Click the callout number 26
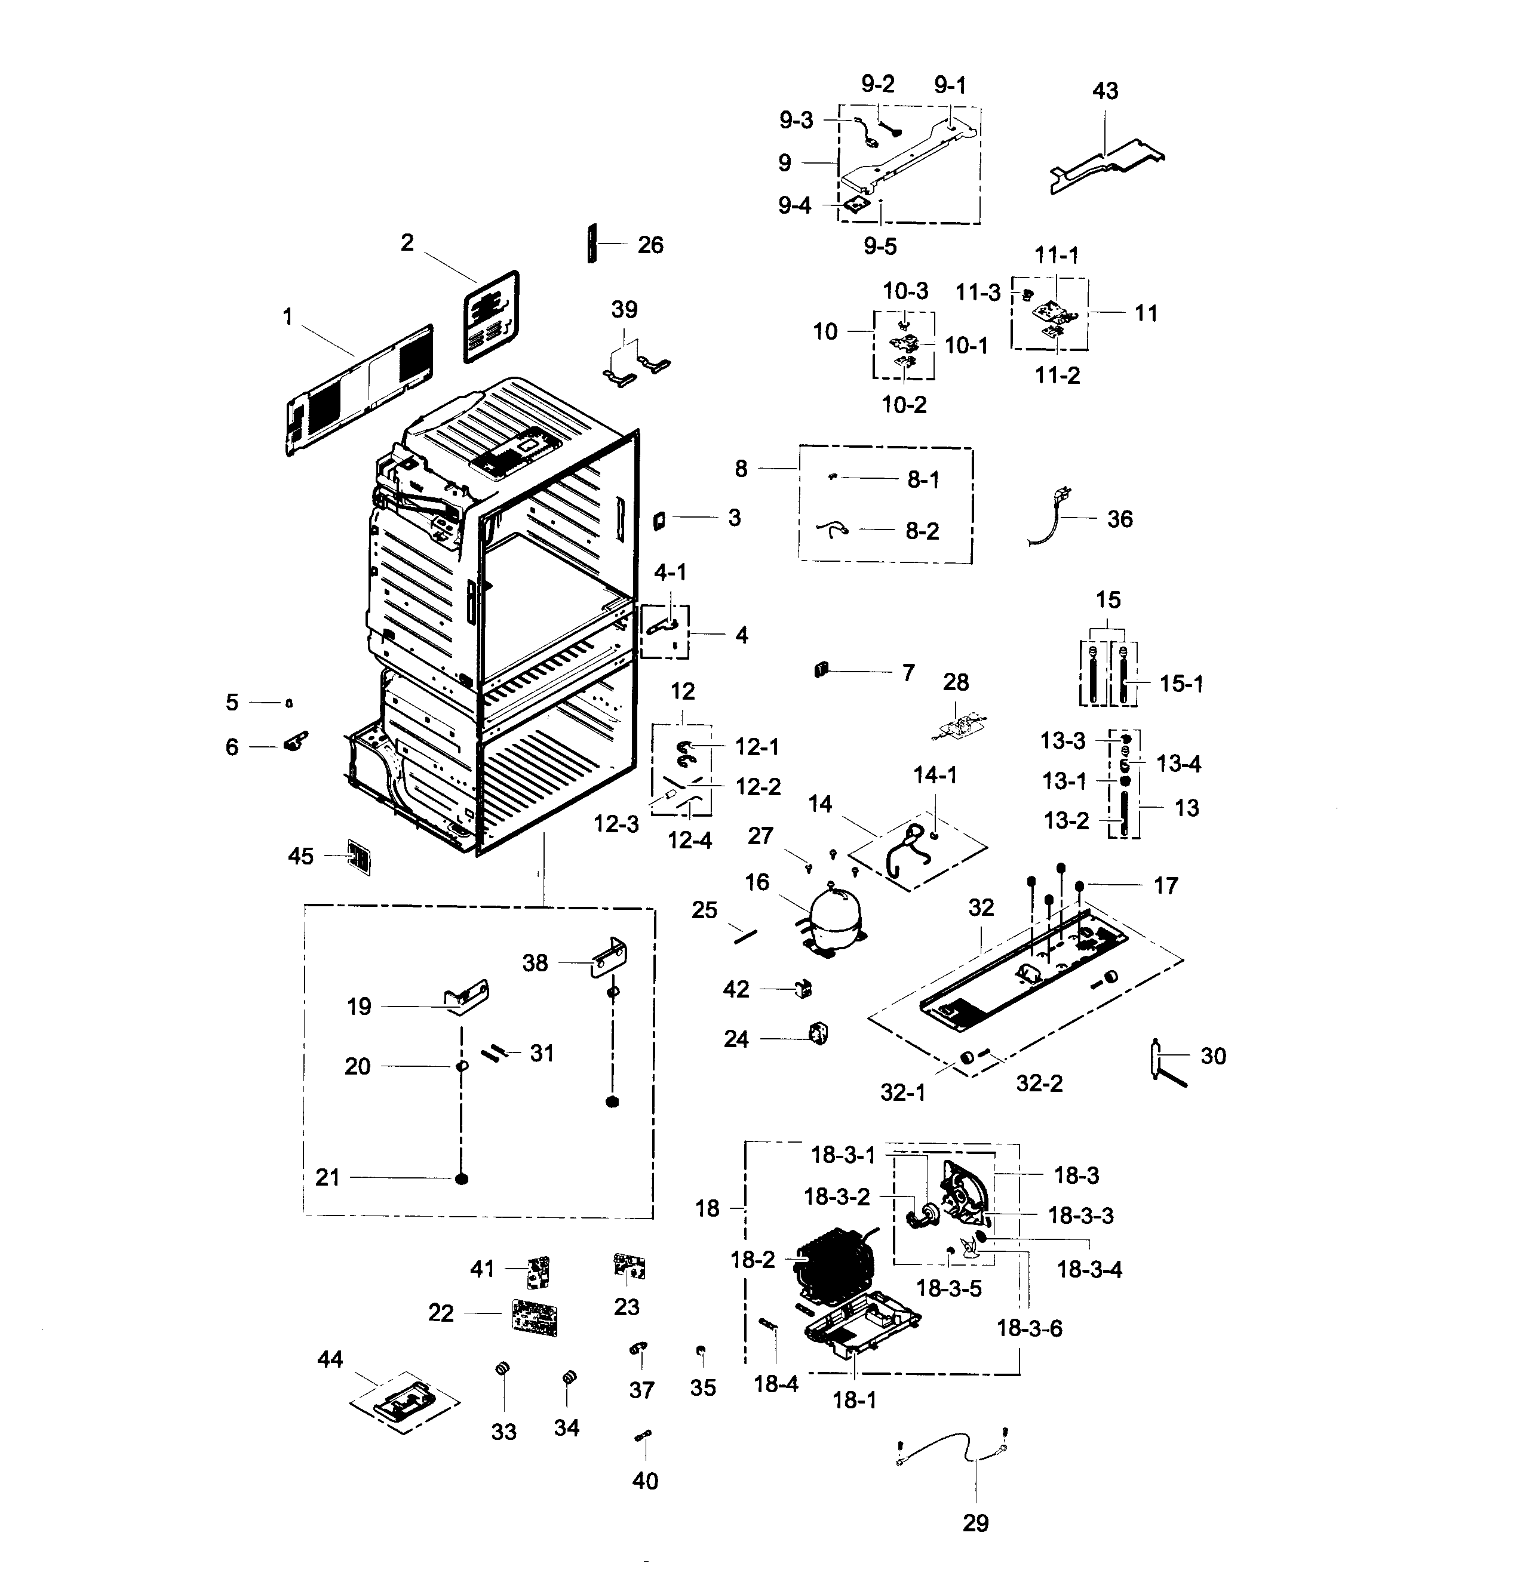[x=650, y=245]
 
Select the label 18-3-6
[x=1029, y=1328]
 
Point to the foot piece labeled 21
[x=462, y=1178]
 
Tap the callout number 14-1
[x=935, y=776]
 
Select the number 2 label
[x=407, y=242]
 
